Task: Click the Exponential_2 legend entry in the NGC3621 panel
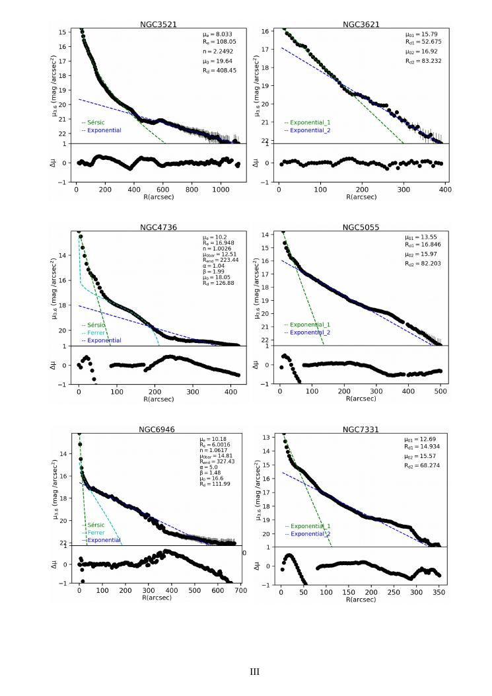coord(306,130)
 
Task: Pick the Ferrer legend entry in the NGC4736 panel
coord(94,332)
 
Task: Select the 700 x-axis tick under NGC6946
coord(240,590)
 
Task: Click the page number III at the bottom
coord(254,672)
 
